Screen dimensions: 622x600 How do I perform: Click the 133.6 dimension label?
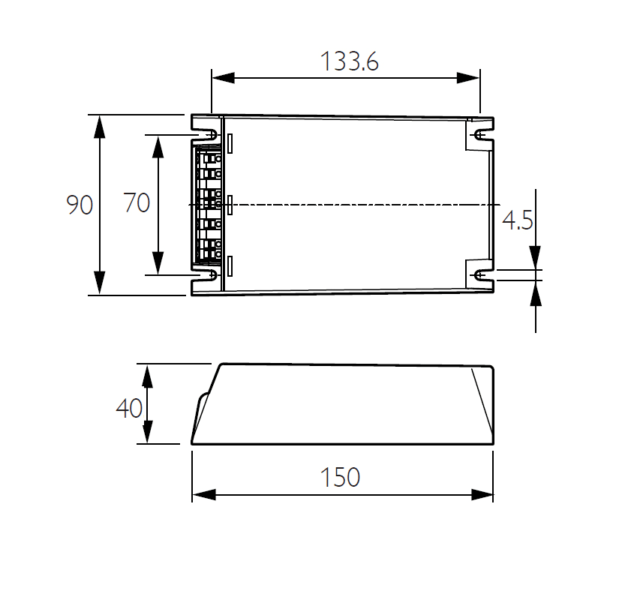(350, 61)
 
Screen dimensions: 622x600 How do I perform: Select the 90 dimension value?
(80, 205)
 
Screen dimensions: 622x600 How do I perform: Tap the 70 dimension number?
(137, 202)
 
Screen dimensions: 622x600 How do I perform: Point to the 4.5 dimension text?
(517, 220)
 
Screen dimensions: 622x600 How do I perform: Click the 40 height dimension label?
(129, 408)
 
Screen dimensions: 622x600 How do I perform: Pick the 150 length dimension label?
(340, 477)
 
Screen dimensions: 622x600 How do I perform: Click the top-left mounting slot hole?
(212, 135)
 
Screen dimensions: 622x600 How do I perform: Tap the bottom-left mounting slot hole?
(212, 274)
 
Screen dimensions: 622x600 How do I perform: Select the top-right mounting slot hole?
(480, 135)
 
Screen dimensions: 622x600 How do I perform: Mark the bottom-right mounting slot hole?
(480, 274)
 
